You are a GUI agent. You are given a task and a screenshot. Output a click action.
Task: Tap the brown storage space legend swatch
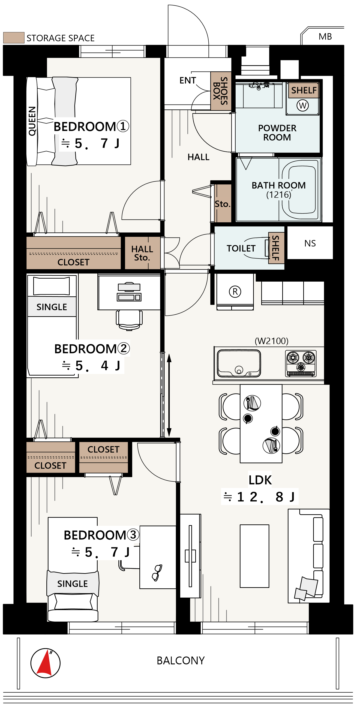tap(14, 38)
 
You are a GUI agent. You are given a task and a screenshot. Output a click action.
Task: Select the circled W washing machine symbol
tap(303, 105)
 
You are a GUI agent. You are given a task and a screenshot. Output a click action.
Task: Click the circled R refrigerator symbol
tap(235, 292)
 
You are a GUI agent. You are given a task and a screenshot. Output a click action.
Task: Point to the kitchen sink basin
tap(239, 363)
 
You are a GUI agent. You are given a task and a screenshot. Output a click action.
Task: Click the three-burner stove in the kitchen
tap(301, 363)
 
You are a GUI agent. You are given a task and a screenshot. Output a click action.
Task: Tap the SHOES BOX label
tap(221, 91)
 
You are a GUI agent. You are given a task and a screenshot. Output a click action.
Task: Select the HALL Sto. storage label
tap(142, 253)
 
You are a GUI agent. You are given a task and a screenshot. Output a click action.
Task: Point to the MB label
tap(325, 36)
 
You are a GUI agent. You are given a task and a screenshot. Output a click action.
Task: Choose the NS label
tap(310, 243)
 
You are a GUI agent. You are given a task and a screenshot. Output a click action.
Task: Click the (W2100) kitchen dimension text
tap(272, 341)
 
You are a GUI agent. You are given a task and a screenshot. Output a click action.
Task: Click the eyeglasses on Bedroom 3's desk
tap(157, 573)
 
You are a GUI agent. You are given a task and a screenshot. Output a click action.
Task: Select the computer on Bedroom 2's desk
tap(129, 292)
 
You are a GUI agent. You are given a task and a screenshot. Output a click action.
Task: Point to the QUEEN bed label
tap(32, 121)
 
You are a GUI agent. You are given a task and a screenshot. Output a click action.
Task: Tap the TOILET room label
tap(241, 248)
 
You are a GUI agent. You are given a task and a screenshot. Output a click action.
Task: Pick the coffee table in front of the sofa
tap(254, 556)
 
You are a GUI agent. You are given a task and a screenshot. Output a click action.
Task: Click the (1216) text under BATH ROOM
tap(279, 195)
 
